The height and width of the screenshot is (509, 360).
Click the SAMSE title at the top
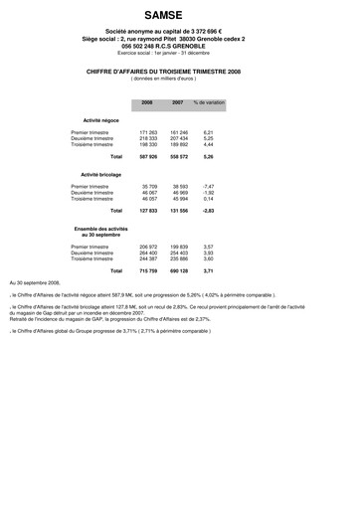180,16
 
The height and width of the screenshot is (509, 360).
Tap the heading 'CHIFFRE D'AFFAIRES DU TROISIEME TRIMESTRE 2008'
180,72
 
